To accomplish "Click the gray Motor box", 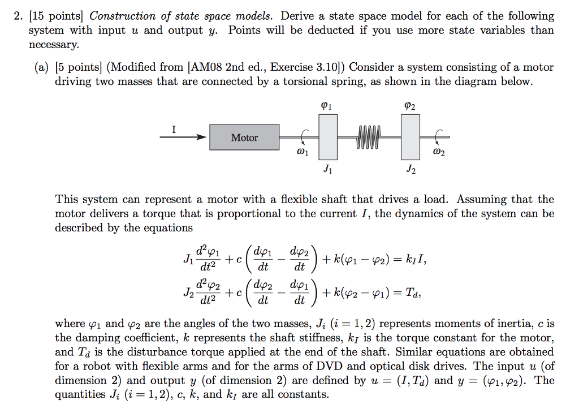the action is (244, 137).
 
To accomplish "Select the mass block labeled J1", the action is (328, 136).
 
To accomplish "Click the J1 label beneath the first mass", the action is (327, 169).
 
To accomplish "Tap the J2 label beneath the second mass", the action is (411, 169).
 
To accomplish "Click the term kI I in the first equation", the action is (413, 261).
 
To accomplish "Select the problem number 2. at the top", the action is (19, 16).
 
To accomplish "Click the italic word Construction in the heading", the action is (123, 16).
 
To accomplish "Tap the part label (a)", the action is (41, 68).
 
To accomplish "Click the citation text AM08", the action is (208, 68).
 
